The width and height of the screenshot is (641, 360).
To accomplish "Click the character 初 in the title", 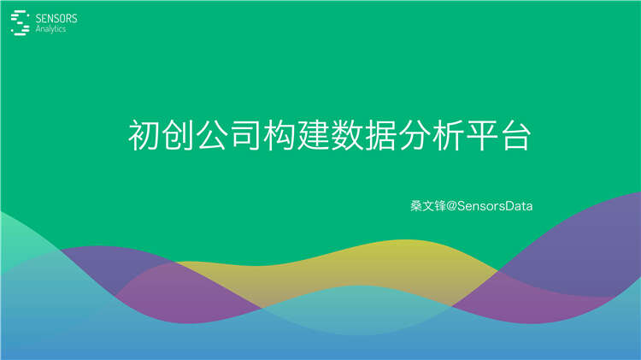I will pyautogui.click(x=144, y=135).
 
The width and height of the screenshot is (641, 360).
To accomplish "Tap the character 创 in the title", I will pyautogui.click(x=179, y=135).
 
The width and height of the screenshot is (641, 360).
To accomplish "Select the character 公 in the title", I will pyautogui.click(x=213, y=135).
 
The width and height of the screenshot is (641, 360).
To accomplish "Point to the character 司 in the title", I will pyautogui.click(x=246, y=135).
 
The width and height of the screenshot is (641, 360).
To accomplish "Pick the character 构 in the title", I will pyautogui.click(x=279, y=135).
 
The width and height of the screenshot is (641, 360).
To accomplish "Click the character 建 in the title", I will pyautogui.click(x=314, y=135).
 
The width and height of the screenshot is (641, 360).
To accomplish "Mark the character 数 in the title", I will pyautogui.click(x=347, y=135).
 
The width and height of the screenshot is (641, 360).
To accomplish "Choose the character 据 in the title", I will pyautogui.click(x=380, y=135).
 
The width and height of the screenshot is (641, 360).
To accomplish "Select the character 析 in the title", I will pyautogui.click(x=448, y=135).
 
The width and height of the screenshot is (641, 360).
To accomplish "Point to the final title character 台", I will pyautogui.click(x=515, y=135).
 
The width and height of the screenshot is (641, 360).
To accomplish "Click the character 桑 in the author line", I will pyautogui.click(x=416, y=206).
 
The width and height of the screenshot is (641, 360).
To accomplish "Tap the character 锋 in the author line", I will pyautogui.click(x=440, y=206).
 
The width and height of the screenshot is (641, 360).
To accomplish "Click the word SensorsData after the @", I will pyautogui.click(x=496, y=206).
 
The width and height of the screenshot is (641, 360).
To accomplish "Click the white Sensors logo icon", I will pyautogui.click(x=19, y=22).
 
